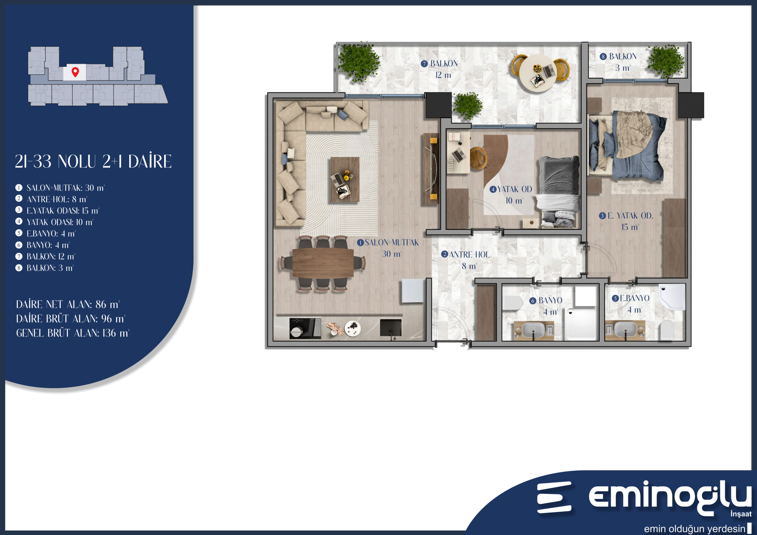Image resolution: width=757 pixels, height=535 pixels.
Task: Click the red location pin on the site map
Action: pyautogui.click(x=75, y=72)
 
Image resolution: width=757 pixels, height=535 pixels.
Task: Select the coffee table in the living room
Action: pyautogui.click(x=345, y=179)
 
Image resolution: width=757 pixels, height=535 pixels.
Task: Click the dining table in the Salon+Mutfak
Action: pyautogui.click(x=323, y=263)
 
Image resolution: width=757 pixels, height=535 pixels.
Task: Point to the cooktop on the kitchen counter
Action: pyautogui.click(x=305, y=328)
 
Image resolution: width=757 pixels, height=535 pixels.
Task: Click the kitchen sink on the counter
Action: pyautogui.click(x=391, y=328)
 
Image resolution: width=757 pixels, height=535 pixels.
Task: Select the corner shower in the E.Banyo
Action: pyautogui.click(x=672, y=296)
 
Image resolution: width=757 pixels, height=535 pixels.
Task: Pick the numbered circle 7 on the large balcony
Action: pyautogui.click(x=424, y=64)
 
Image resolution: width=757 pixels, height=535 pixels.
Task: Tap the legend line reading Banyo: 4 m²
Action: pyautogui.click(x=48, y=245)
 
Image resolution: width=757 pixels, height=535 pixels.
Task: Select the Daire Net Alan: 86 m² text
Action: pyautogui.click(x=68, y=304)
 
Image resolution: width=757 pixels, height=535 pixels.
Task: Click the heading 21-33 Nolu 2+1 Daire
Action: pyautogui.click(x=93, y=161)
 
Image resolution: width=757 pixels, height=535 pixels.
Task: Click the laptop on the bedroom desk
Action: pyautogui.click(x=457, y=155)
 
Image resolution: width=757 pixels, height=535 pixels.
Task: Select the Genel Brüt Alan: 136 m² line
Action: pyautogui.click(x=72, y=333)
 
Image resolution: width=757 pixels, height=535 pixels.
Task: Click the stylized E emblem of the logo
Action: pyautogui.click(x=554, y=497)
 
